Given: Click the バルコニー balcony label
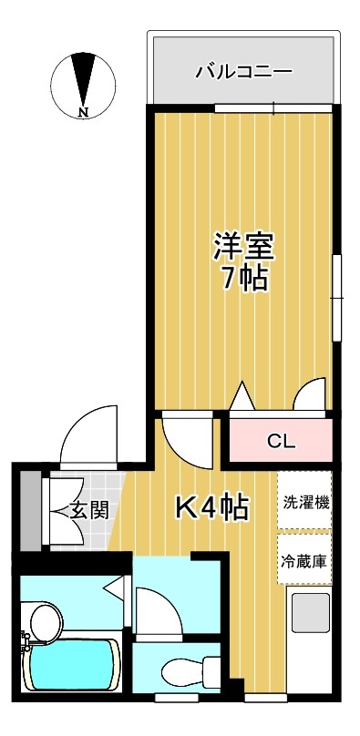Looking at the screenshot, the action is click(x=244, y=72).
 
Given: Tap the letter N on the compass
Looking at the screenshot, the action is click(x=84, y=112).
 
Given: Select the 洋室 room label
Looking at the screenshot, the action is click(x=243, y=247).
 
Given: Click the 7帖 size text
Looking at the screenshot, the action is click(x=244, y=280).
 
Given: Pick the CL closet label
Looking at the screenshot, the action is click(x=281, y=441).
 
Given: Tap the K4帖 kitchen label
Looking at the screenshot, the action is click(x=211, y=506).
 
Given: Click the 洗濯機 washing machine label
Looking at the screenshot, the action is click(x=304, y=502).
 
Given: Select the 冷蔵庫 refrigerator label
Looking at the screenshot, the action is click(x=304, y=561).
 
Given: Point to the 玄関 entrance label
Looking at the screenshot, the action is click(x=89, y=510).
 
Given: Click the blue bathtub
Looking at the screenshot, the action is click(x=72, y=665).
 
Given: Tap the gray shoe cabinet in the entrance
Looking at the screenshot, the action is click(x=31, y=510).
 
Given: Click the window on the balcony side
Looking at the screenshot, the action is click(x=274, y=108).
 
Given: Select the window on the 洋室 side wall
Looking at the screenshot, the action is click(x=337, y=298).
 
